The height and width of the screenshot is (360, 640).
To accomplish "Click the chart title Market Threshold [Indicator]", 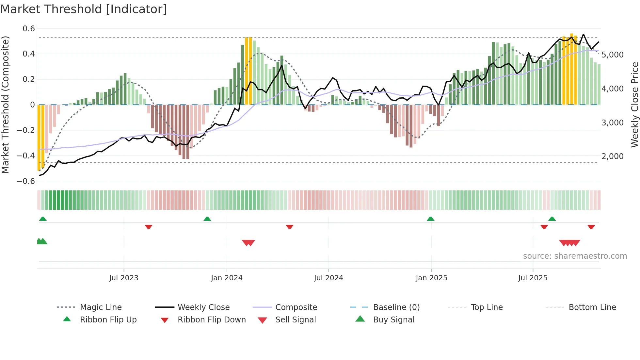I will click(84, 9).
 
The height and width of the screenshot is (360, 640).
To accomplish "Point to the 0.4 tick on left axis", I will click(29, 54).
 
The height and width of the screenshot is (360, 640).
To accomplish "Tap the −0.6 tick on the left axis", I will click(26, 181).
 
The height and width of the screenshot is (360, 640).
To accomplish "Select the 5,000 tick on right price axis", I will click(613, 55).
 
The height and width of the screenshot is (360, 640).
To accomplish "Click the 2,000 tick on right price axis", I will click(613, 156).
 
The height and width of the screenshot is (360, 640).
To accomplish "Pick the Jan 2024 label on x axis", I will click(227, 278).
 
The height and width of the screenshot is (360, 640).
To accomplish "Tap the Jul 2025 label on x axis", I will click(533, 278).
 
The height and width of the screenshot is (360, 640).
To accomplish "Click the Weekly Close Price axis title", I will click(634, 105).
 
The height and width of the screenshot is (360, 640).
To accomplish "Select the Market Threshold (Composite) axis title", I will click(5, 105).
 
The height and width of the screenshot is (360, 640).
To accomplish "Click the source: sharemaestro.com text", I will click(575, 256).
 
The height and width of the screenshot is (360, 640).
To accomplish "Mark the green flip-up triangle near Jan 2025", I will click(430, 219).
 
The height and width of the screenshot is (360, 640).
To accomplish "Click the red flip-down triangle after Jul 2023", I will click(149, 227).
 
